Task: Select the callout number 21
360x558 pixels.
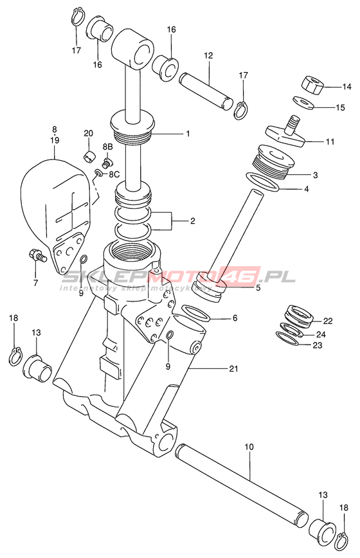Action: [x=233, y=369]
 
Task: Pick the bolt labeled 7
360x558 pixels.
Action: [x=36, y=255]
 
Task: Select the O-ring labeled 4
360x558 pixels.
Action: [x=263, y=182]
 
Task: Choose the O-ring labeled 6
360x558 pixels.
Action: [x=196, y=312]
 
